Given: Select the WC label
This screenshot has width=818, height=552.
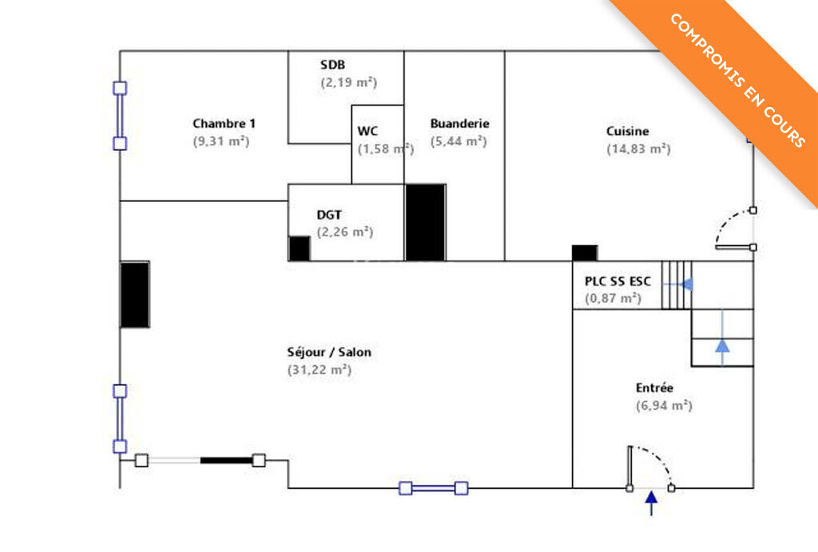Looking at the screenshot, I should [x=367, y=131].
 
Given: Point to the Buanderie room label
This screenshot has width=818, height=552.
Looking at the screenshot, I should [x=459, y=124].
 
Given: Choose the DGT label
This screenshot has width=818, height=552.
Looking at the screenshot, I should [x=330, y=215].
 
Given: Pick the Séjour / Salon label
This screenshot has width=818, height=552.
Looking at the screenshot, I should [x=328, y=352].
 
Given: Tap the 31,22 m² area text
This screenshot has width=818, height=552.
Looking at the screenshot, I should [x=319, y=370].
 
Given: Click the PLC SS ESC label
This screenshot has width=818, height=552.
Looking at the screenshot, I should [x=617, y=281].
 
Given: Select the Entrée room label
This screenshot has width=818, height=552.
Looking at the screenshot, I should [x=654, y=388].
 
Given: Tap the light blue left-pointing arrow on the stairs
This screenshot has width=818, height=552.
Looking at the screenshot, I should [x=685, y=284].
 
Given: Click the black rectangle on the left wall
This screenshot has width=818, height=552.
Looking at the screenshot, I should [x=135, y=294].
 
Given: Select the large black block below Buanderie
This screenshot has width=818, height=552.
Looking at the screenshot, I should [x=425, y=222].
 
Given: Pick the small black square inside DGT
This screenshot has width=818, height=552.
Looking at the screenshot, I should [x=299, y=248].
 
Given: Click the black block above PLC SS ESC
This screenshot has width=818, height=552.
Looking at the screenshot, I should [x=585, y=252].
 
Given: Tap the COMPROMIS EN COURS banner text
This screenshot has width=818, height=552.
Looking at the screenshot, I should [x=737, y=80].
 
